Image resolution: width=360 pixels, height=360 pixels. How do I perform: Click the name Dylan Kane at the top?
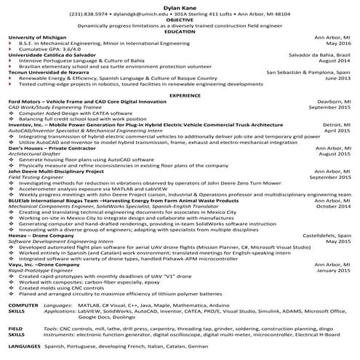180,5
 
